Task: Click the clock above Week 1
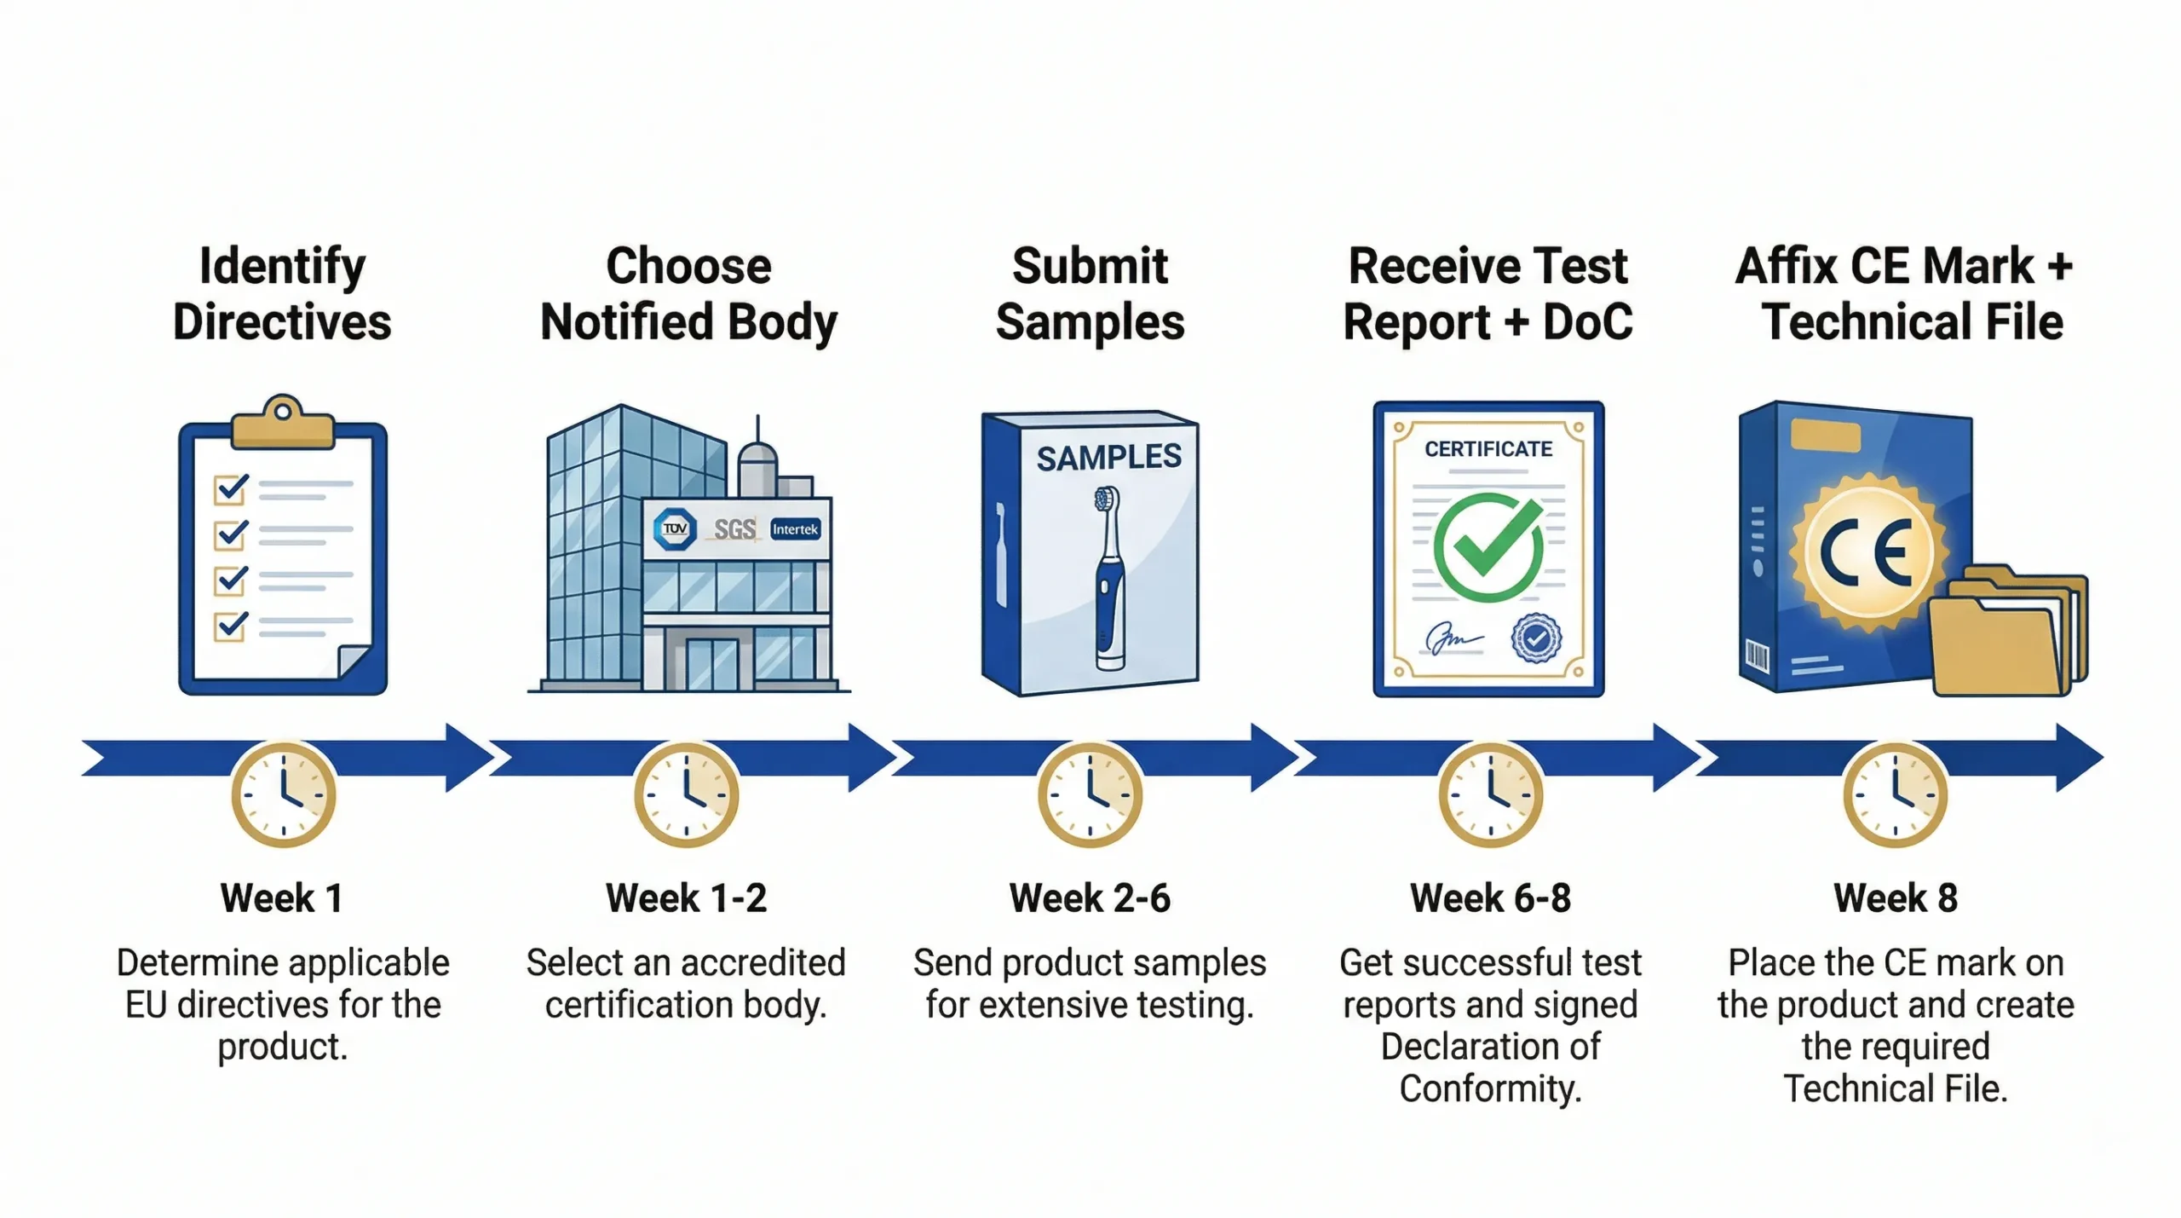click(284, 794)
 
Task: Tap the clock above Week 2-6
click(1090, 794)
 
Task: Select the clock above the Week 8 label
click(1895, 794)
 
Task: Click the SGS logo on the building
click(734, 530)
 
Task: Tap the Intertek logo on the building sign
click(795, 529)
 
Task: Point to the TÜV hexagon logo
click(675, 529)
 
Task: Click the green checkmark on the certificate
click(1488, 547)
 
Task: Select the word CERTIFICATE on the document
click(1488, 449)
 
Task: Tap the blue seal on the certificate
click(1536, 638)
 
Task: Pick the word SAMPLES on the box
click(1108, 458)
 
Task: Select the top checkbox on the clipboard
click(230, 488)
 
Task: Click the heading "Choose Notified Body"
click(688, 294)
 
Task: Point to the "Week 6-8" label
click(1490, 898)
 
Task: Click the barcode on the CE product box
click(1757, 656)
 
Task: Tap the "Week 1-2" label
click(686, 898)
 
